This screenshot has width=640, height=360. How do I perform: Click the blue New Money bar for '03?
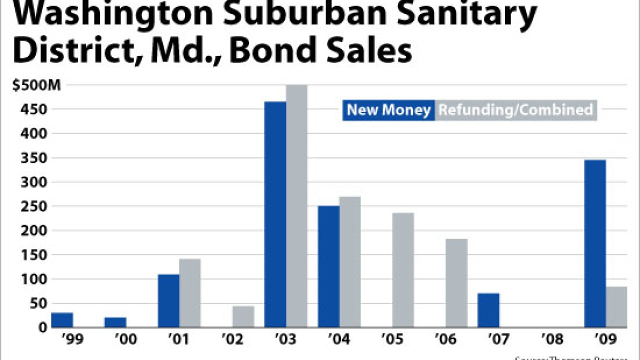click(x=275, y=215)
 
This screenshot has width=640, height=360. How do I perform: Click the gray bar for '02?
click(x=243, y=316)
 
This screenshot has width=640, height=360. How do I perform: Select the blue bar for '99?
click(x=62, y=320)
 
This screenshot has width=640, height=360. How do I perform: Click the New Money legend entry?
click(x=388, y=110)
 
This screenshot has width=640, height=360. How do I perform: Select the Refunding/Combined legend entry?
click(x=515, y=110)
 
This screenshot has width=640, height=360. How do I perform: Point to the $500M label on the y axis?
click(x=36, y=85)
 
